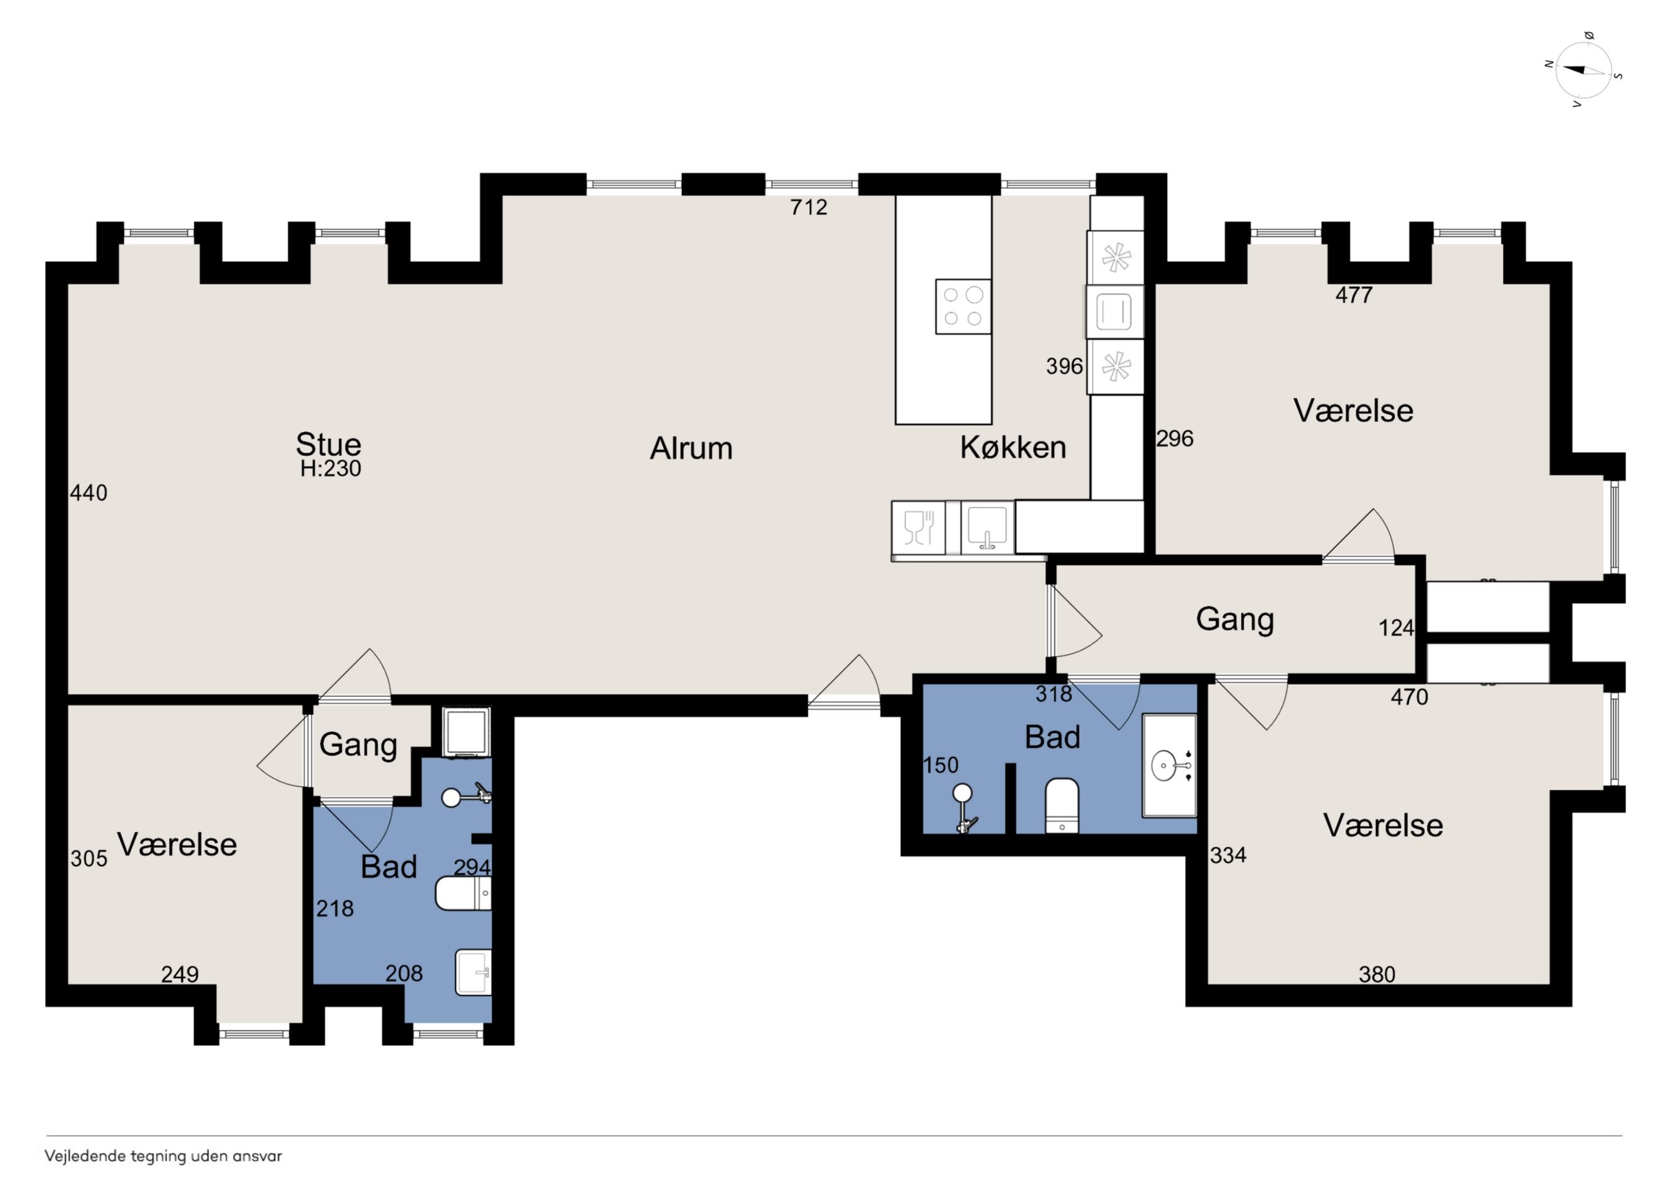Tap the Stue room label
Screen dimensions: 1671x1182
pyautogui.click(x=328, y=444)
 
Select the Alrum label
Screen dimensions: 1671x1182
pyautogui.click(x=691, y=449)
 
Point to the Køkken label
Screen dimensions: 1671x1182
pyautogui.click(x=1012, y=447)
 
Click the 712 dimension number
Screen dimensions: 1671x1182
pyautogui.click(x=809, y=208)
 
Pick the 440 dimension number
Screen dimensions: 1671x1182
pyautogui.click(x=88, y=493)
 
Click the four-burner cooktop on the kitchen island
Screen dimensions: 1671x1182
pyautogui.click(x=963, y=307)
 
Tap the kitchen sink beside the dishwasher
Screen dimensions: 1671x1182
pyautogui.click(x=987, y=527)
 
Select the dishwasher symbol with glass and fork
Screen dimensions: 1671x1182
pyautogui.click(x=918, y=527)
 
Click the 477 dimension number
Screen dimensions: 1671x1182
pyautogui.click(x=1354, y=295)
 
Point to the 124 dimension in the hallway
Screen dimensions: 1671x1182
pyautogui.click(x=1396, y=628)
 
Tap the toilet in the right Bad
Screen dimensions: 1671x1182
pyautogui.click(x=1062, y=806)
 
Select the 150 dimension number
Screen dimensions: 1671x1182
pyautogui.click(x=940, y=765)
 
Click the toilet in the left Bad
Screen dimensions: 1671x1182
pyautogui.click(x=463, y=893)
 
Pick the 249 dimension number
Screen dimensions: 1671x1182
pyautogui.click(x=180, y=974)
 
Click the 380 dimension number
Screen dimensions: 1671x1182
pyautogui.click(x=1377, y=974)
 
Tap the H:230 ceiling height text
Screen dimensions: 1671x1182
pyautogui.click(x=330, y=468)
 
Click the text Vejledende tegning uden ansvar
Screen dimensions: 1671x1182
pyautogui.click(x=163, y=1156)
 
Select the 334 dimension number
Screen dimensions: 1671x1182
pyautogui.click(x=1228, y=855)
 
